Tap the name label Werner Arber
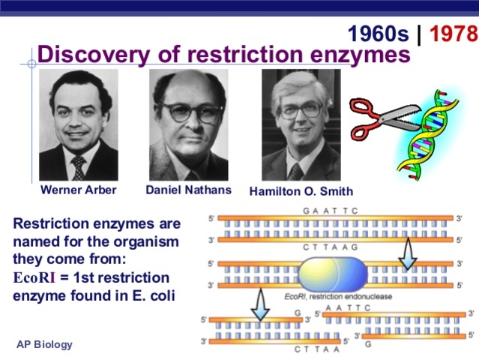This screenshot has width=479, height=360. coord(79,190)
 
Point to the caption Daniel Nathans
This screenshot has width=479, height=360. coord(188,190)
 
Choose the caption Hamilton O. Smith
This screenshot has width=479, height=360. coord(301,191)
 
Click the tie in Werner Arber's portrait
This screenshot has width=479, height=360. coord(79,167)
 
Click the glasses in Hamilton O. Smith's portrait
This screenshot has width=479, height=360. coord(301,110)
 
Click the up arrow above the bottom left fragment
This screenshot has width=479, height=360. coord(259,305)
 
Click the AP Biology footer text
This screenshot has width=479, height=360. coord(45,344)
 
